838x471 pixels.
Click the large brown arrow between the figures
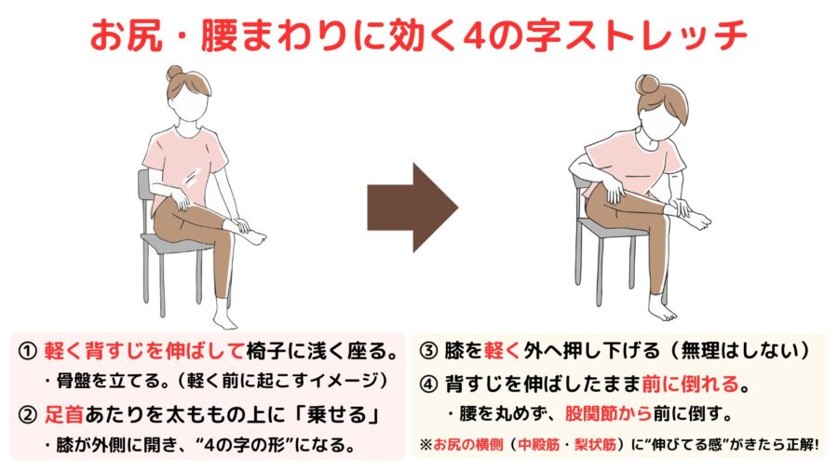coord(412,208)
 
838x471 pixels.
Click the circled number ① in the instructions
coord(27,351)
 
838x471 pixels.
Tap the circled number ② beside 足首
coord(27,415)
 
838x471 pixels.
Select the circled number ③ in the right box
coord(428,351)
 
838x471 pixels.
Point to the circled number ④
coord(428,384)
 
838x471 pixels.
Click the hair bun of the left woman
coord(175,73)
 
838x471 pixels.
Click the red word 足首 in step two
coord(63,415)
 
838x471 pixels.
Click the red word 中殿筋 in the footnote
coord(538,444)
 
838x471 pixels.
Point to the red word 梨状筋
coord(595,444)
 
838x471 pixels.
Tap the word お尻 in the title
coord(126,36)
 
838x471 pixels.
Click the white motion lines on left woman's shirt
coord(191,177)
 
